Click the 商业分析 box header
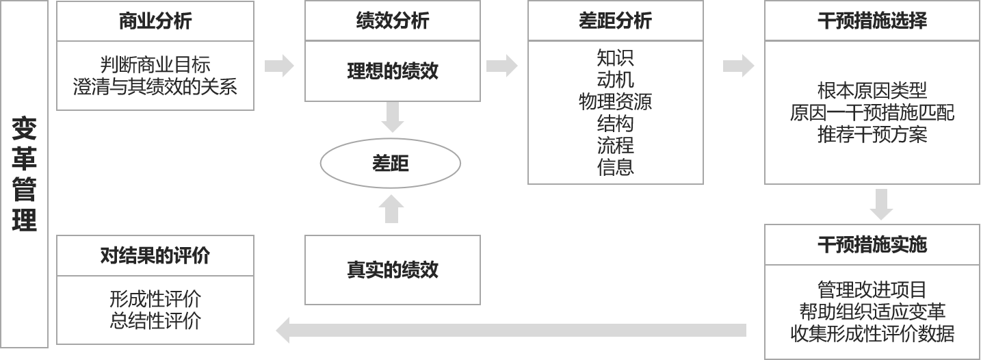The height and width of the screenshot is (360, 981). click(155, 21)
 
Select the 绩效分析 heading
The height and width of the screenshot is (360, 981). click(393, 21)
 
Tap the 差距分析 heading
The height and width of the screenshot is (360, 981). click(615, 21)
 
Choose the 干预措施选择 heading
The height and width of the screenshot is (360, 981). click(872, 21)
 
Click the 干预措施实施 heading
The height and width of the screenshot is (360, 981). click(872, 244)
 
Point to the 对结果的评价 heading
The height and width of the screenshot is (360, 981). click(155, 256)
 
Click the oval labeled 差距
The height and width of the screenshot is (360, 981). click(391, 164)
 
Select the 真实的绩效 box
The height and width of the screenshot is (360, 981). click(393, 270)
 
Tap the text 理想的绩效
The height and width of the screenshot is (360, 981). click(393, 71)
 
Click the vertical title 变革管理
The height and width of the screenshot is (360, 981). click(24, 174)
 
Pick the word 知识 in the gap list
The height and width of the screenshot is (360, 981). click(615, 57)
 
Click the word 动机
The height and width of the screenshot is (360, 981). click(615, 79)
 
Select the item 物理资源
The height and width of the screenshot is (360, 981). click(615, 101)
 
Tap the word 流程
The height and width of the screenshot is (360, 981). click(615, 145)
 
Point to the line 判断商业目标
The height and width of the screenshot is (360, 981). click(155, 65)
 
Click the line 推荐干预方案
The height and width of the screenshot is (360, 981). click(872, 134)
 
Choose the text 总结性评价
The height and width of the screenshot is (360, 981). click(155, 320)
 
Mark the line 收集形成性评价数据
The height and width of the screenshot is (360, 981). click(872, 333)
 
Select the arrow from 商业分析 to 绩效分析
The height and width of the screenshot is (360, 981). click(279, 66)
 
